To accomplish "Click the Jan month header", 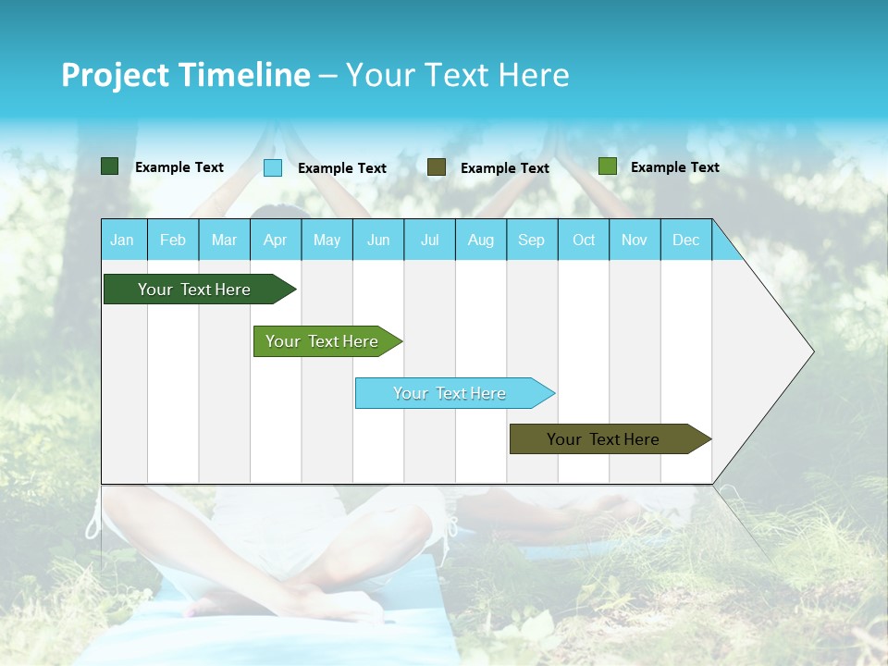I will coord(123,240).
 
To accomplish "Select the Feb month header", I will coord(173,240).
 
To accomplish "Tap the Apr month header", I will coord(276,240).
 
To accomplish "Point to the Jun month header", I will coord(378,240).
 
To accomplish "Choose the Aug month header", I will coord(481,240).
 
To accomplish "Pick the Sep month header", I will coord(532,240).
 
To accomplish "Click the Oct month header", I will coord(584,240).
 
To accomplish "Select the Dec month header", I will coord(686,240).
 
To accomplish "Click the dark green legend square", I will coord(109,166).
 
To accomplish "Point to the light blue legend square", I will coord(273,167).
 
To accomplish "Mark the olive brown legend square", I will coord(437,167).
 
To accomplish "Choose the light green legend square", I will coord(607,166).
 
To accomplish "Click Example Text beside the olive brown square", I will coord(505,168).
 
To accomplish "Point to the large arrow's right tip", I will coord(811,351).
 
